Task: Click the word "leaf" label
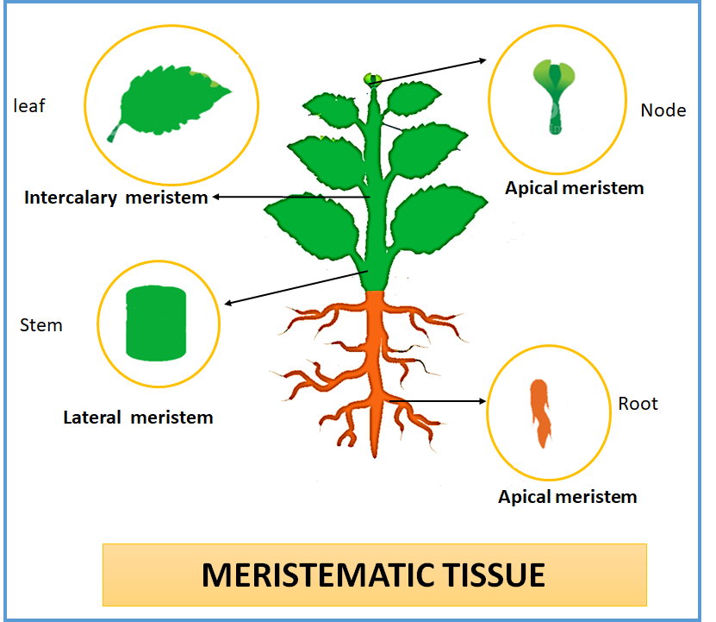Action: pyautogui.click(x=29, y=106)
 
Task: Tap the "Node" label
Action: pyautogui.click(x=663, y=110)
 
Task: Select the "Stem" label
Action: pyautogui.click(x=41, y=325)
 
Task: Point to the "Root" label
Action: pyautogui.click(x=638, y=404)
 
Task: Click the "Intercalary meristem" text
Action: pyautogui.click(x=116, y=198)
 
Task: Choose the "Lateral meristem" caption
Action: pyautogui.click(x=138, y=418)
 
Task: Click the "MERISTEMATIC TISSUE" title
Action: pyautogui.click(x=373, y=574)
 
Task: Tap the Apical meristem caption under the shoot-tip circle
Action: pyautogui.click(x=574, y=188)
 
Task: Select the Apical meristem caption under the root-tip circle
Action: pyautogui.click(x=567, y=496)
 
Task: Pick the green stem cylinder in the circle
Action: pyautogui.click(x=156, y=322)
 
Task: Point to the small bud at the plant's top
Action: pyautogui.click(x=372, y=79)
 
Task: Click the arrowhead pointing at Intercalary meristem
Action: pyautogui.click(x=218, y=197)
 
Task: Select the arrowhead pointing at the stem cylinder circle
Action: pyautogui.click(x=228, y=303)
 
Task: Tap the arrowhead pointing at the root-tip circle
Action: pyautogui.click(x=483, y=401)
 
